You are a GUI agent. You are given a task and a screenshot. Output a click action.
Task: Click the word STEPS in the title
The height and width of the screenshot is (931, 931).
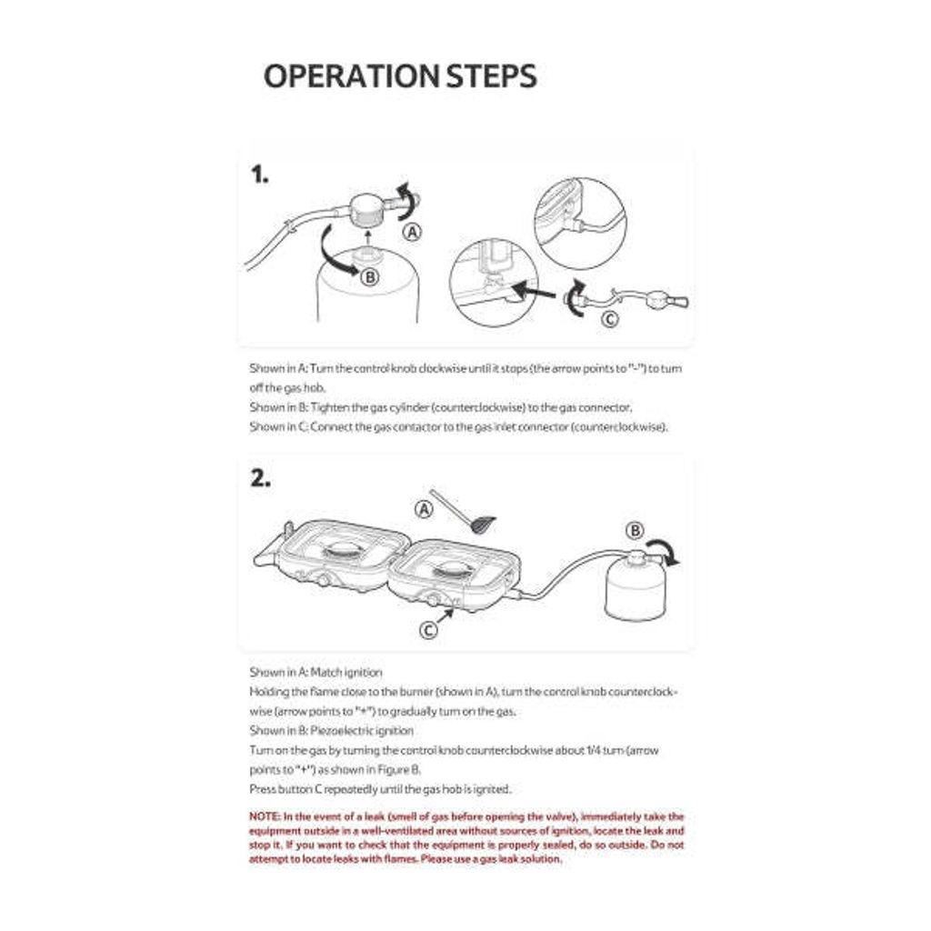pos(491,76)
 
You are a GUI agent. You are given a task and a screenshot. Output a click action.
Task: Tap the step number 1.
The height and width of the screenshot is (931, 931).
pos(260,175)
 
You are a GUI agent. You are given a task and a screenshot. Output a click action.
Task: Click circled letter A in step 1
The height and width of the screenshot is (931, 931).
pos(413,232)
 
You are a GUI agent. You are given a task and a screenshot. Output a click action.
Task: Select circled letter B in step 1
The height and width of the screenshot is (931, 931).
pos(369,277)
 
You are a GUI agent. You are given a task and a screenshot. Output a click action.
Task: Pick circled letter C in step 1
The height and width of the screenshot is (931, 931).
pos(611,318)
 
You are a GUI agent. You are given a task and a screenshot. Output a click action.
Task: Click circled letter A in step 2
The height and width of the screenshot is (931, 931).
pos(424,509)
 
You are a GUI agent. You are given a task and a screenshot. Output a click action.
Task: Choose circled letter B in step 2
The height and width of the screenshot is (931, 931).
pos(636,530)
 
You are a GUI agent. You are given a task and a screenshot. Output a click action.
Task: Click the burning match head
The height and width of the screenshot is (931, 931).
pos(484,524)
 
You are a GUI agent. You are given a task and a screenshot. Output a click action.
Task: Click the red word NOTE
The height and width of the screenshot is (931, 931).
pos(264,816)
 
